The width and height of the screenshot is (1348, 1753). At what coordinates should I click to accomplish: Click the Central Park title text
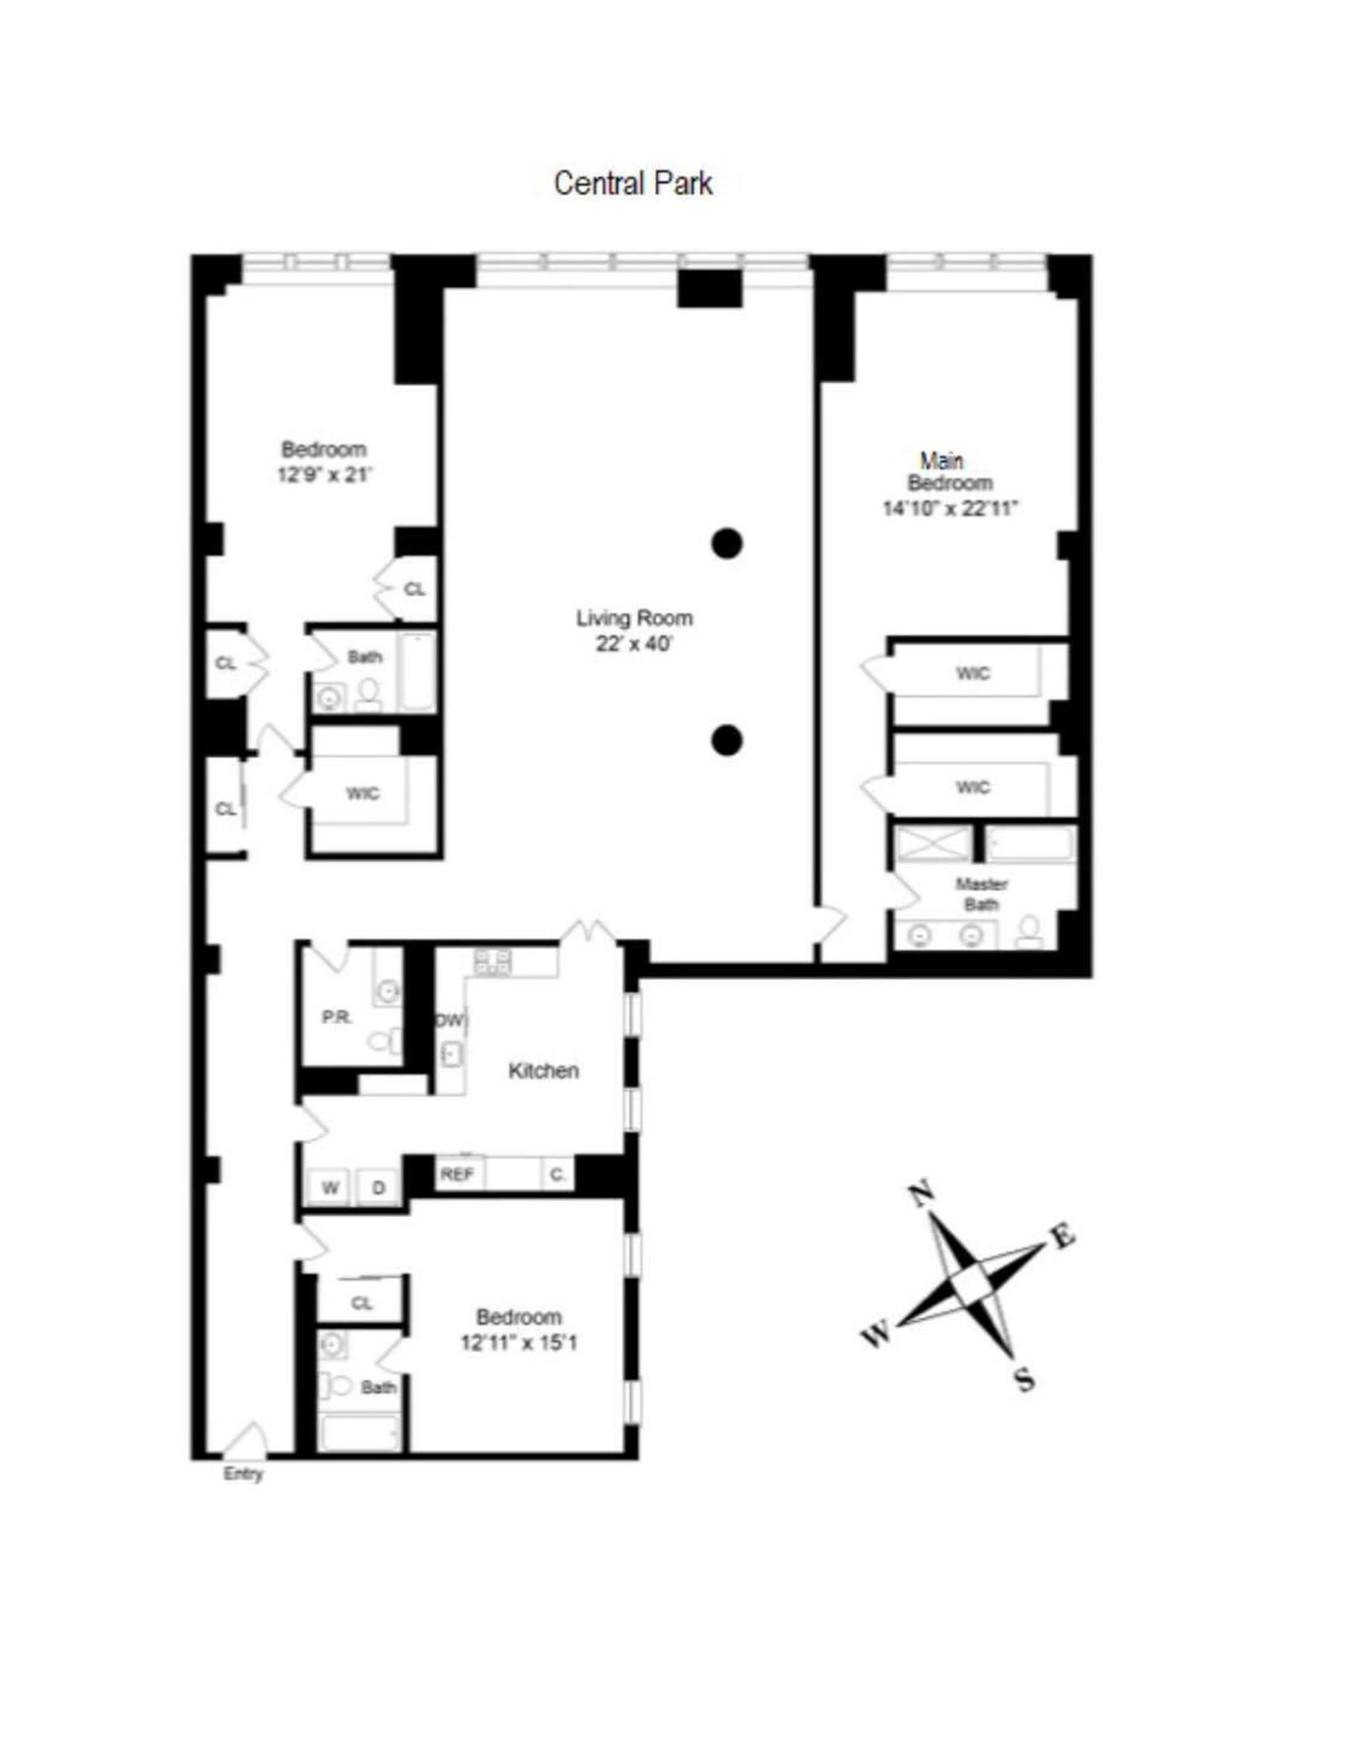point(633,183)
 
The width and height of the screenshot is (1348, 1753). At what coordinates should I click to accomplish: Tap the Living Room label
point(634,618)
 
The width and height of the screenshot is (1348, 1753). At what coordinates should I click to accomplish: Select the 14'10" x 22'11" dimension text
point(950,509)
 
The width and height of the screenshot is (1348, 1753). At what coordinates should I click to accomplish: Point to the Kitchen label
point(543,1070)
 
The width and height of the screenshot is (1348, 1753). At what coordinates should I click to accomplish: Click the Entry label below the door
point(243,1474)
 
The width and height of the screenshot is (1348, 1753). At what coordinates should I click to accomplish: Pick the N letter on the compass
point(919,1195)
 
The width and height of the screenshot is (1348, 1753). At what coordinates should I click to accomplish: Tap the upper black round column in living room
point(727,543)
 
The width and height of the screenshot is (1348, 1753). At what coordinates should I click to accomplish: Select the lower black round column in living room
point(727,740)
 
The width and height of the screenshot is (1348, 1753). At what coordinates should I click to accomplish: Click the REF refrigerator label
point(457,1174)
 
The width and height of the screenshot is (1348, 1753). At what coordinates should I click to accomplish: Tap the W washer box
point(330,1188)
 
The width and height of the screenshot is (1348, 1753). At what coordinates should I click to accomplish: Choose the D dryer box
point(378,1188)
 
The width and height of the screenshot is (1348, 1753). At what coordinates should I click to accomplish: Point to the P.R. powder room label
point(337,1016)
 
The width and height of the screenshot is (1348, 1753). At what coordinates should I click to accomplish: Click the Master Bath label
point(981,894)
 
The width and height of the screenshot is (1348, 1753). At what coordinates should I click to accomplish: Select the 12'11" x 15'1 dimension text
point(519,1343)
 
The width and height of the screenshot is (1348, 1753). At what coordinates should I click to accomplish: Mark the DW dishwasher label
point(451,1021)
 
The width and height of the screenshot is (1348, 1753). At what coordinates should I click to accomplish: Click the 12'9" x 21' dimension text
point(324,475)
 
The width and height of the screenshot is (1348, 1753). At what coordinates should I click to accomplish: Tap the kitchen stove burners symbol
point(493,962)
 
